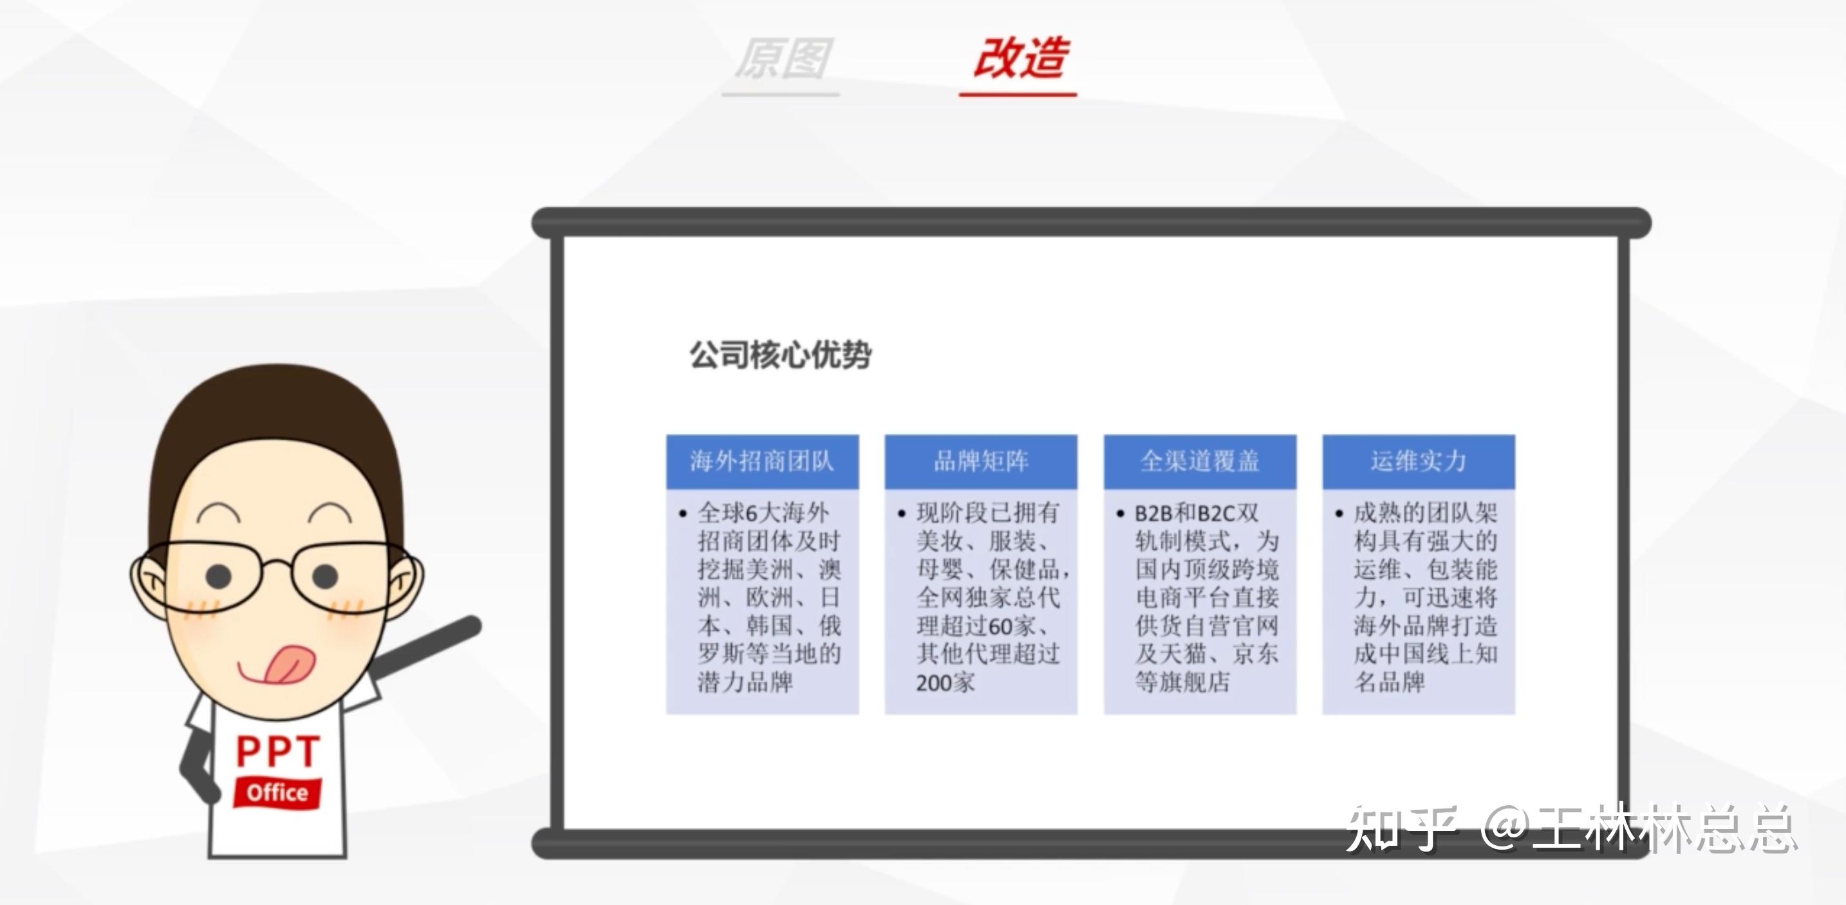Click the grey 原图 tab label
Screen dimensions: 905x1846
783,58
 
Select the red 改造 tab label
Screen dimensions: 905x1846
1020,58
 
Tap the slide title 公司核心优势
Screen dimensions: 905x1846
780,355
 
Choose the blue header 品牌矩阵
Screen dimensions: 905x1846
980,461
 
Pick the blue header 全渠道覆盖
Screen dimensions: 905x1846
1200,461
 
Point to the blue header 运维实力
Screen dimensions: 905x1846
1418,461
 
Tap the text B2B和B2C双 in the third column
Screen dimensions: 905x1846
1196,513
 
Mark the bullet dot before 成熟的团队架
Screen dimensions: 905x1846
1339,514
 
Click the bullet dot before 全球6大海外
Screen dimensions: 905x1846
682,514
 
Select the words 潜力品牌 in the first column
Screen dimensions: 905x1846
745,682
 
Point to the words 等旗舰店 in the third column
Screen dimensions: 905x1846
1182,682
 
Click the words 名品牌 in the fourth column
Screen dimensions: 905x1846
1389,682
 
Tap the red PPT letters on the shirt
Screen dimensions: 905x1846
277,752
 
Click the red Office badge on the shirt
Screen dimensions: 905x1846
277,792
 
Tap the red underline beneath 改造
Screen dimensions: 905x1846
1018,94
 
